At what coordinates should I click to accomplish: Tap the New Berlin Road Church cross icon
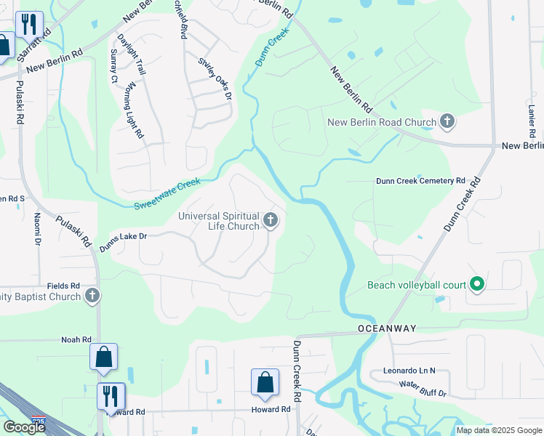(x=447, y=122)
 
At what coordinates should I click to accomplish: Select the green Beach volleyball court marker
(x=477, y=285)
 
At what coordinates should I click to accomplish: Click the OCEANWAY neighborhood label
(x=387, y=328)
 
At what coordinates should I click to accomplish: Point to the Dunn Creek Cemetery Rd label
(x=420, y=180)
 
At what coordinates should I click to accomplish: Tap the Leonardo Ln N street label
(x=409, y=371)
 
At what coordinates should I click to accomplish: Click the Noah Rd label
(x=76, y=339)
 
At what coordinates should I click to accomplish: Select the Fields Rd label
(x=57, y=286)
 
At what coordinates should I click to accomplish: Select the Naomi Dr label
(x=36, y=227)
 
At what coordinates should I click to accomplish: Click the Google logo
(x=24, y=427)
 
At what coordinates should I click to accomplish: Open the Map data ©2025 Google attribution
(x=498, y=430)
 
